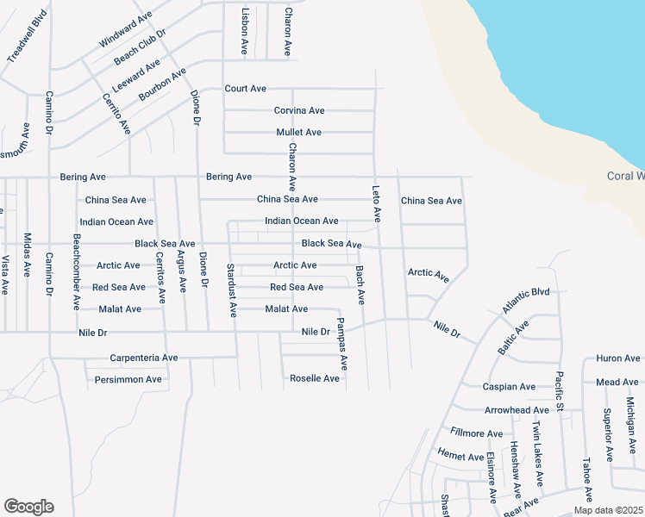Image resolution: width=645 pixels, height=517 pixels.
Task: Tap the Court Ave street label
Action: click(246, 89)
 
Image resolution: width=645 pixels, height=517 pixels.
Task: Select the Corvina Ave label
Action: click(299, 110)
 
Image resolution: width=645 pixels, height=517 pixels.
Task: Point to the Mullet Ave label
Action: click(299, 132)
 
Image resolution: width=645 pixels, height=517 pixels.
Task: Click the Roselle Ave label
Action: click(315, 378)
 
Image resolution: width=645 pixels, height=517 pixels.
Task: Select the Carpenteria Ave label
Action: click(143, 358)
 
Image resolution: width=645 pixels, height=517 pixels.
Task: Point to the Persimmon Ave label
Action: click(128, 379)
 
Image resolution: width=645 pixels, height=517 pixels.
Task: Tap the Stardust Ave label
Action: click(231, 290)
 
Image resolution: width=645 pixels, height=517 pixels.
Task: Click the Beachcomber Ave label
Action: click(77, 271)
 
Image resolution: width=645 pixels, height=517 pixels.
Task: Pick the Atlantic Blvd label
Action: click(525, 299)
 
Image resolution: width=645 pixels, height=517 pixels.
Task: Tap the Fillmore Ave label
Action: click(476, 433)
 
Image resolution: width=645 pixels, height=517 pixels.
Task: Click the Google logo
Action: click(28, 507)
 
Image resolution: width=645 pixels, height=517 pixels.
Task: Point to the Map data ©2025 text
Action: click(607, 510)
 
